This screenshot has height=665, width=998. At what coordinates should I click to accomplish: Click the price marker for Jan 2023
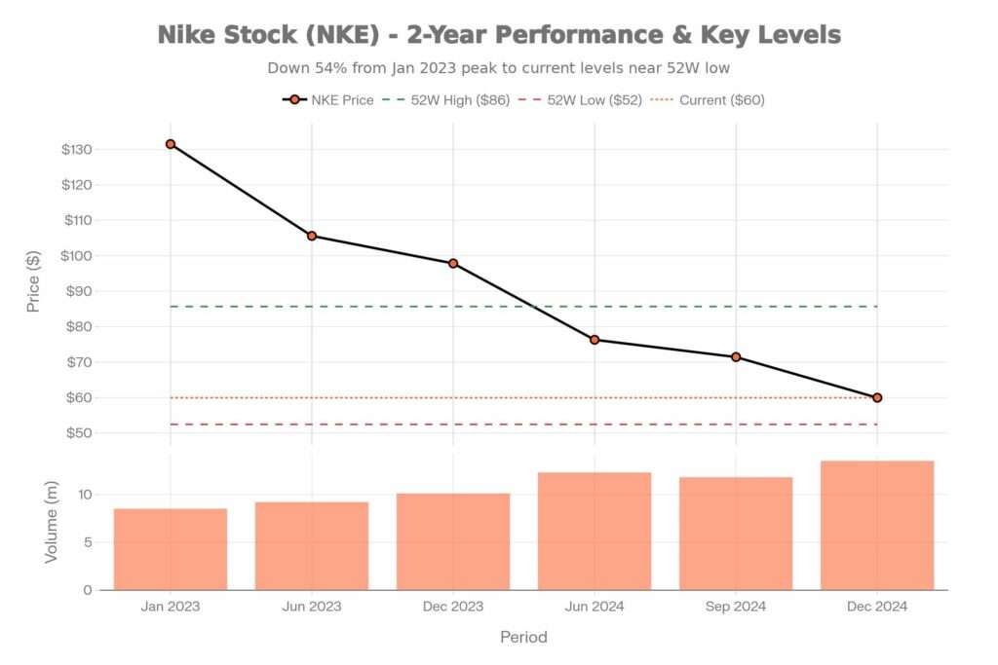coord(171,144)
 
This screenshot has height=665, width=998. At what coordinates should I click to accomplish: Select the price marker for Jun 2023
coord(312,236)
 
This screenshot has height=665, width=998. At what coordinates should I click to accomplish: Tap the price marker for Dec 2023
coord(453,264)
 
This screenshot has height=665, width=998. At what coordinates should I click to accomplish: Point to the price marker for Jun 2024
coord(595,340)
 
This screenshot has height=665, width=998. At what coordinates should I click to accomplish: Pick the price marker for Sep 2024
coord(736,356)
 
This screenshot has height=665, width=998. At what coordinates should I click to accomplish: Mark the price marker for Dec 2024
coord(877,397)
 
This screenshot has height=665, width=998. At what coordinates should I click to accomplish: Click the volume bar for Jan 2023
coord(171,549)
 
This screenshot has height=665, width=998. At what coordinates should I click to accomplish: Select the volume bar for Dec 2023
coord(453,541)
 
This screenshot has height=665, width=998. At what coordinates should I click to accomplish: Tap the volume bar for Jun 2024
coord(595,531)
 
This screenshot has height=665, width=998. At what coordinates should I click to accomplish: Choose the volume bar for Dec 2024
coord(877,526)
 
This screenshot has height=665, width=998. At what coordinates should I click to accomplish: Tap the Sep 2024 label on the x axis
coord(736,607)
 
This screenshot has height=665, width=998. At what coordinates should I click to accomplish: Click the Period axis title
coord(523,638)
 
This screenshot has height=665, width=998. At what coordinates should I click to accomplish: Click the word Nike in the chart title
coord(195,35)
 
